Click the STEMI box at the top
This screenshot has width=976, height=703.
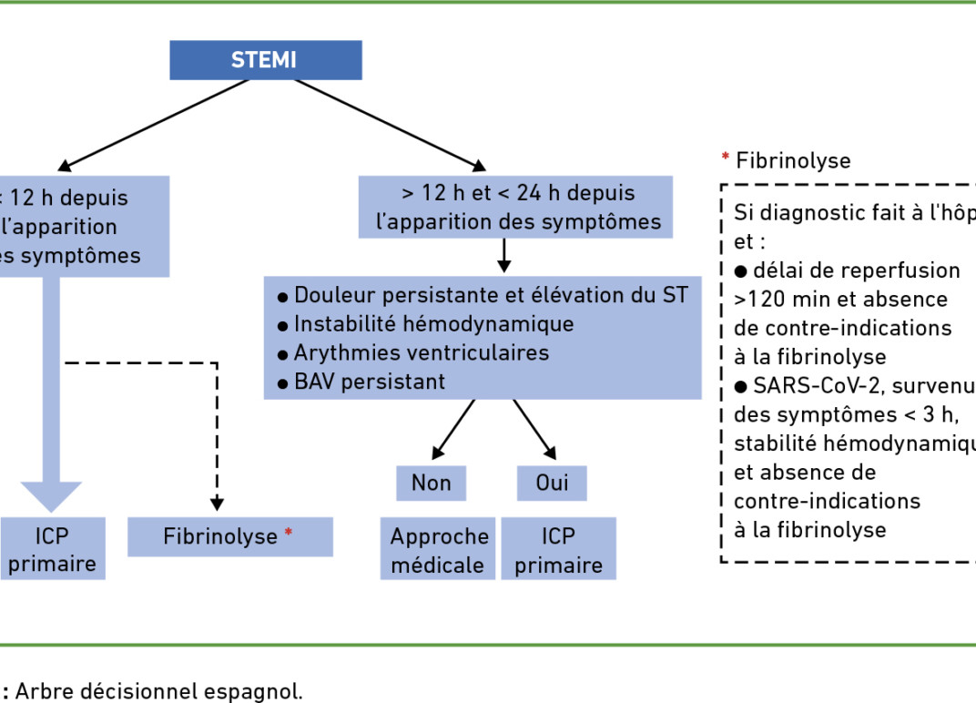tap(265, 60)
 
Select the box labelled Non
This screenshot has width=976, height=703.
tap(431, 483)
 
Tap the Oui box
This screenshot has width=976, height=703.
tap(552, 483)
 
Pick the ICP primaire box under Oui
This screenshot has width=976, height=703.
tap(558, 550)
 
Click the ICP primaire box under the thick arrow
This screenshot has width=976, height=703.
tap(52, 550)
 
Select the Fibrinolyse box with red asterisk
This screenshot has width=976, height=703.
tap(229, 537)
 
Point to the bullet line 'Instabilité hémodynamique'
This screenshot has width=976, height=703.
tap(433, 323)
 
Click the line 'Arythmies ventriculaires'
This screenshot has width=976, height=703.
tap(421, 352)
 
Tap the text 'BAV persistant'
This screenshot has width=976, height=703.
tap(370, 382)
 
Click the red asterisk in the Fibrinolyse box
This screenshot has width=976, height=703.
tap(289, 533)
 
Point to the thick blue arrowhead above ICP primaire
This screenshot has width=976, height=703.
tap(52, 495)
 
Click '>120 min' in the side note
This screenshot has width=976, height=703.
tap(772, 299)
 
